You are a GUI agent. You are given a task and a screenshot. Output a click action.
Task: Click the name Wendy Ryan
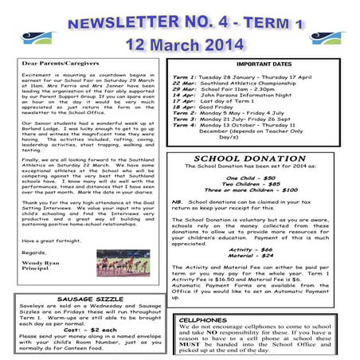click(x=40, y=262)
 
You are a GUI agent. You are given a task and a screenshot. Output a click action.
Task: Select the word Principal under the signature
click(x=37, y=269)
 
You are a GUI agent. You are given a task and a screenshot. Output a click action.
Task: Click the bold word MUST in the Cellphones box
click(x=190, y=343)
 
